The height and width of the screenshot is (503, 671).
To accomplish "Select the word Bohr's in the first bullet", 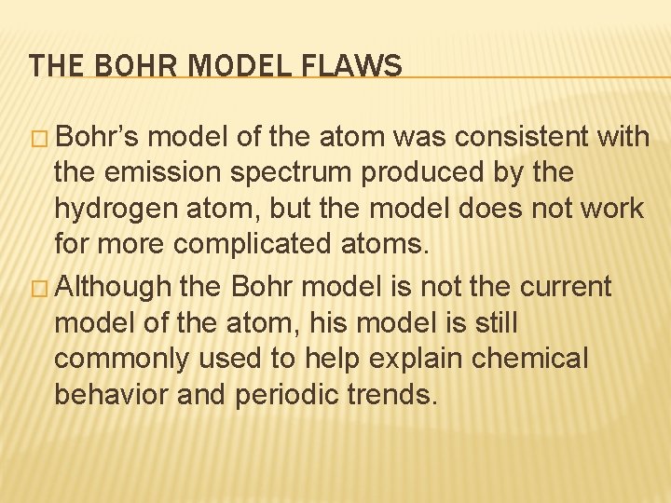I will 97,138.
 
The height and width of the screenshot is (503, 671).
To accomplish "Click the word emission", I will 148,173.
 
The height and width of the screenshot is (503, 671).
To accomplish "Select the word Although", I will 114,287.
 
